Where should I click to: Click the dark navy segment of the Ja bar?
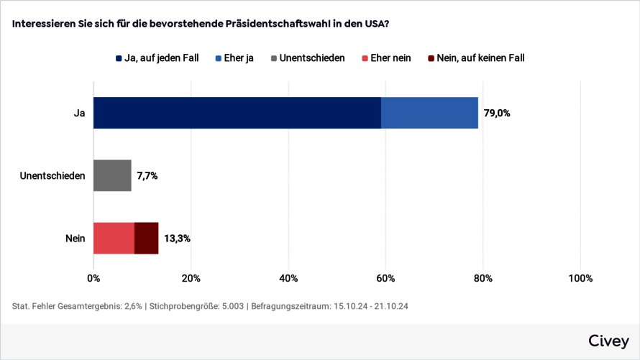pyautogui.click(x=237, y=113)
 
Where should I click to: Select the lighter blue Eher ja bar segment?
pyautogui.click(x=429, y=113)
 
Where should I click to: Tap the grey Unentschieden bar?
pyautogui.click(x=112, y=175)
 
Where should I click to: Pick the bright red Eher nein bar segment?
pyautogui.click(x=114, y=238)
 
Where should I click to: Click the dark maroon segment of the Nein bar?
pyautogui.click(x=146, y=238)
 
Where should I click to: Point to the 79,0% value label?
pyautogui.click(x=497, y=113)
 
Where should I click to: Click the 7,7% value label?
pyautogui.click(x=147, y=175)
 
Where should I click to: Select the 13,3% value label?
pyautogui.click(x=177, y=238)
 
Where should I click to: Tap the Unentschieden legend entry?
pyautogui.click(x=308, y=57)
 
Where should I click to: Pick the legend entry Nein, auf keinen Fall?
pyautogui.click(x=475, y=57)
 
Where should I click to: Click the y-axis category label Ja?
pyautogui.click(x=79, y=113)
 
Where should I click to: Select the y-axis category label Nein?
pyautogui.click(x=75, y=238)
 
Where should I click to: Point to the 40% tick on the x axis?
pyautogui.click(x=288, y=279)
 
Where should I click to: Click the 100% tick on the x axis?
pyautogui.click(x=580, y=279)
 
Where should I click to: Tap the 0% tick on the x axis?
pyautogui.click(x=93, y=279)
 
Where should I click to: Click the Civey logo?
pyautogui.click(x=608, y=341)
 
